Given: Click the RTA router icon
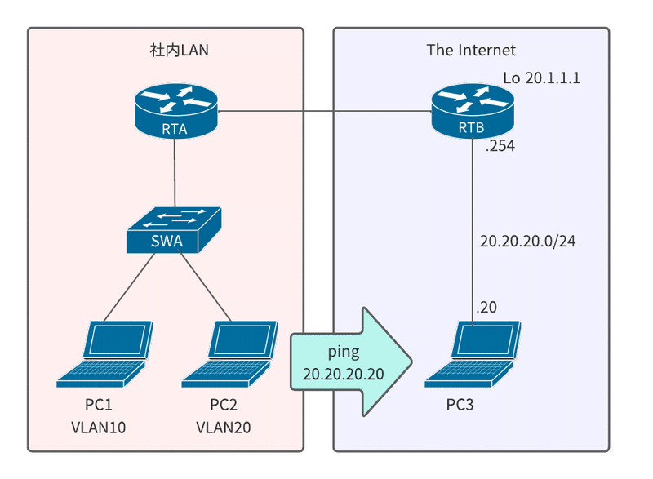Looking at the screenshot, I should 175,110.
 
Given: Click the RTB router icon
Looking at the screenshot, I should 473,110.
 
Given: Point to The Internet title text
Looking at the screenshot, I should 471,51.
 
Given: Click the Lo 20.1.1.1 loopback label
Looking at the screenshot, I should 541,78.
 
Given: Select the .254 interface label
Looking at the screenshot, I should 500,148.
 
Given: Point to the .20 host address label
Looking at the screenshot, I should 486,308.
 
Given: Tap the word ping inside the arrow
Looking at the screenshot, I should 344,352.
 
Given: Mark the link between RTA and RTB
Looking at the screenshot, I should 326,111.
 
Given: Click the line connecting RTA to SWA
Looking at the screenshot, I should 175,171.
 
